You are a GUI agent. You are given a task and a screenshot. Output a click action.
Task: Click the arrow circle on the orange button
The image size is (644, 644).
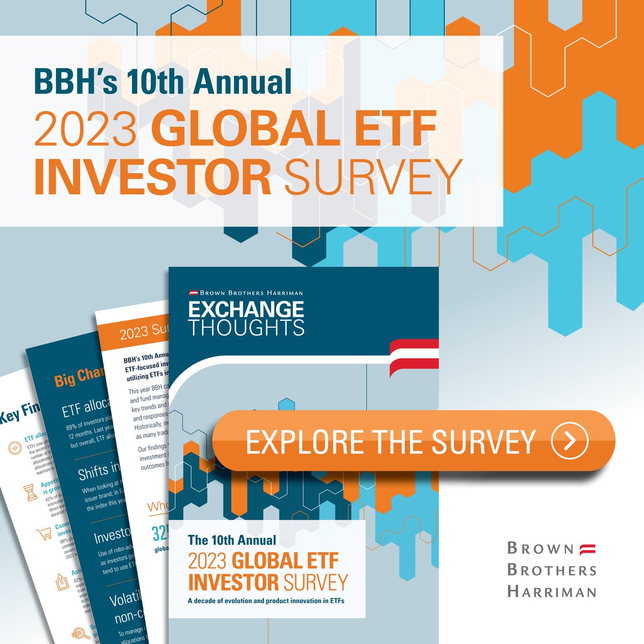[569, 441]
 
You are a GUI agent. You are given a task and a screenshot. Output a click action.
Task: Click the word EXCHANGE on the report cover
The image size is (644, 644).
[246, 310]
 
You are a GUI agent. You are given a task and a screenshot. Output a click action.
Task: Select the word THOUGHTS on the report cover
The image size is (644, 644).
[246, 327]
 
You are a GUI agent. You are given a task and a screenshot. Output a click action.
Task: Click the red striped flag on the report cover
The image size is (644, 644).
[414, 355]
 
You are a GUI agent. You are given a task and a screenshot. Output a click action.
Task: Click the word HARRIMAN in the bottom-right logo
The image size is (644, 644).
[552, 592]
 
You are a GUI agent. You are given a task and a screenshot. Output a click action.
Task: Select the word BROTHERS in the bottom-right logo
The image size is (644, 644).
[552, 570]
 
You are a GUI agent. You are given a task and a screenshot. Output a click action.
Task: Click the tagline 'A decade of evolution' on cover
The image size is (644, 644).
[266, 601]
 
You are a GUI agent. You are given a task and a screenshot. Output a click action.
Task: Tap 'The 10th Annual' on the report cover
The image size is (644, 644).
[232, 540]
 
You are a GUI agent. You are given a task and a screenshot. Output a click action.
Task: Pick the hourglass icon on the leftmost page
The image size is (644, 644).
[31, 492]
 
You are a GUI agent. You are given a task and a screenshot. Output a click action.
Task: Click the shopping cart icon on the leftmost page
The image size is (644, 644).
[43, 534]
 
